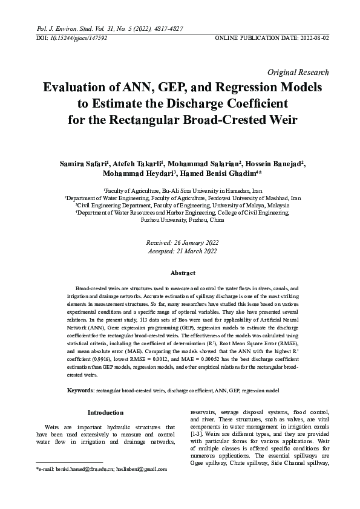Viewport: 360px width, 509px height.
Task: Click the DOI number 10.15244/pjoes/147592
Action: pos(75,37)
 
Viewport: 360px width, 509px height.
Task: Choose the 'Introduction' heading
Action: pos(106,412)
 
